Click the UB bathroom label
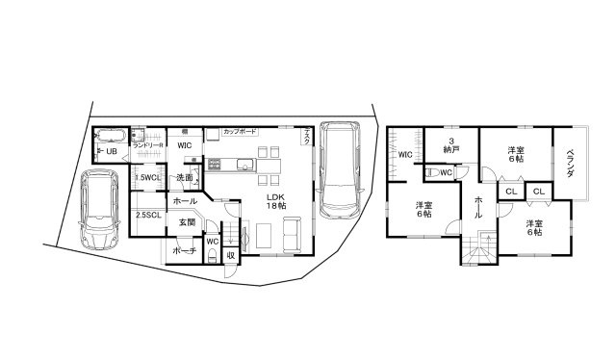pos(111,152)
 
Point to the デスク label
pos(306,138)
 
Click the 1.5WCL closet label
pos(147,178)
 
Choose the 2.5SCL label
pos(147,215)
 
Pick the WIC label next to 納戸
pos(405,154)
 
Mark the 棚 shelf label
pos(184,130)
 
